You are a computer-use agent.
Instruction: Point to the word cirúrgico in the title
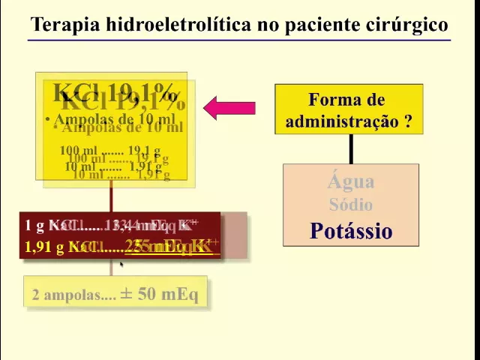point(406,25)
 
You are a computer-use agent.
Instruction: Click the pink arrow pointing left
point(229,108)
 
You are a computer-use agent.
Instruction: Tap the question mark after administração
point(407,121)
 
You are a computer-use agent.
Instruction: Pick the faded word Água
point(350,181)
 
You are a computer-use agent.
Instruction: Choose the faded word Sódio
point(350,204)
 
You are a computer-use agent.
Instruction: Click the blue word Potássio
point(350,231)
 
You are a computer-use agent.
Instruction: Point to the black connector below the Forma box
point(351,148)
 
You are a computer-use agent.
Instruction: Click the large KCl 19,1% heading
point(115,95)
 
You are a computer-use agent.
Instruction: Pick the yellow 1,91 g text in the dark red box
point(44,247)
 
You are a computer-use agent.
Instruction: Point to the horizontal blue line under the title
point(240,39)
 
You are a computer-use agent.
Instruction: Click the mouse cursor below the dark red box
point(121,265)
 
